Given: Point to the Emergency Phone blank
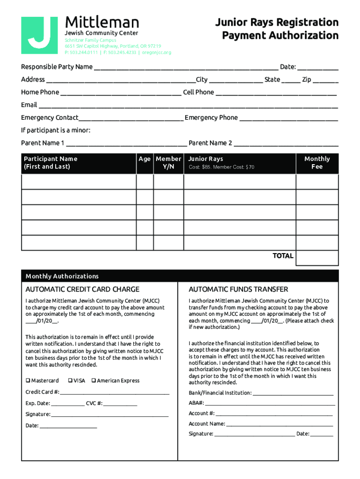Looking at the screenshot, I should (x=288, y=119).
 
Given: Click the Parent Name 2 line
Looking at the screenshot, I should (x=286, y=144).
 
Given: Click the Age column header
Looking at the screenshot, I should (x=144, y=159).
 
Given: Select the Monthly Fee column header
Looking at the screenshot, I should (x=317, y=163).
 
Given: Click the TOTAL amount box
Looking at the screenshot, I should (x=317, y=257).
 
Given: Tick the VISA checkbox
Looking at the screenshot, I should (x=70, y=381).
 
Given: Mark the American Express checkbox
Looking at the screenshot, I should (x=94, y=381).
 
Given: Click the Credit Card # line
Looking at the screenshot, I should (x=114, y=393).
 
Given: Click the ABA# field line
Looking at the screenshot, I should (x=270, y=404).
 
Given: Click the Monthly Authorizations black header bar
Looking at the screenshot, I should (x=180, y=276).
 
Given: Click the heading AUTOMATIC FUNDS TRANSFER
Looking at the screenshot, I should (x=238, y=290).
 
